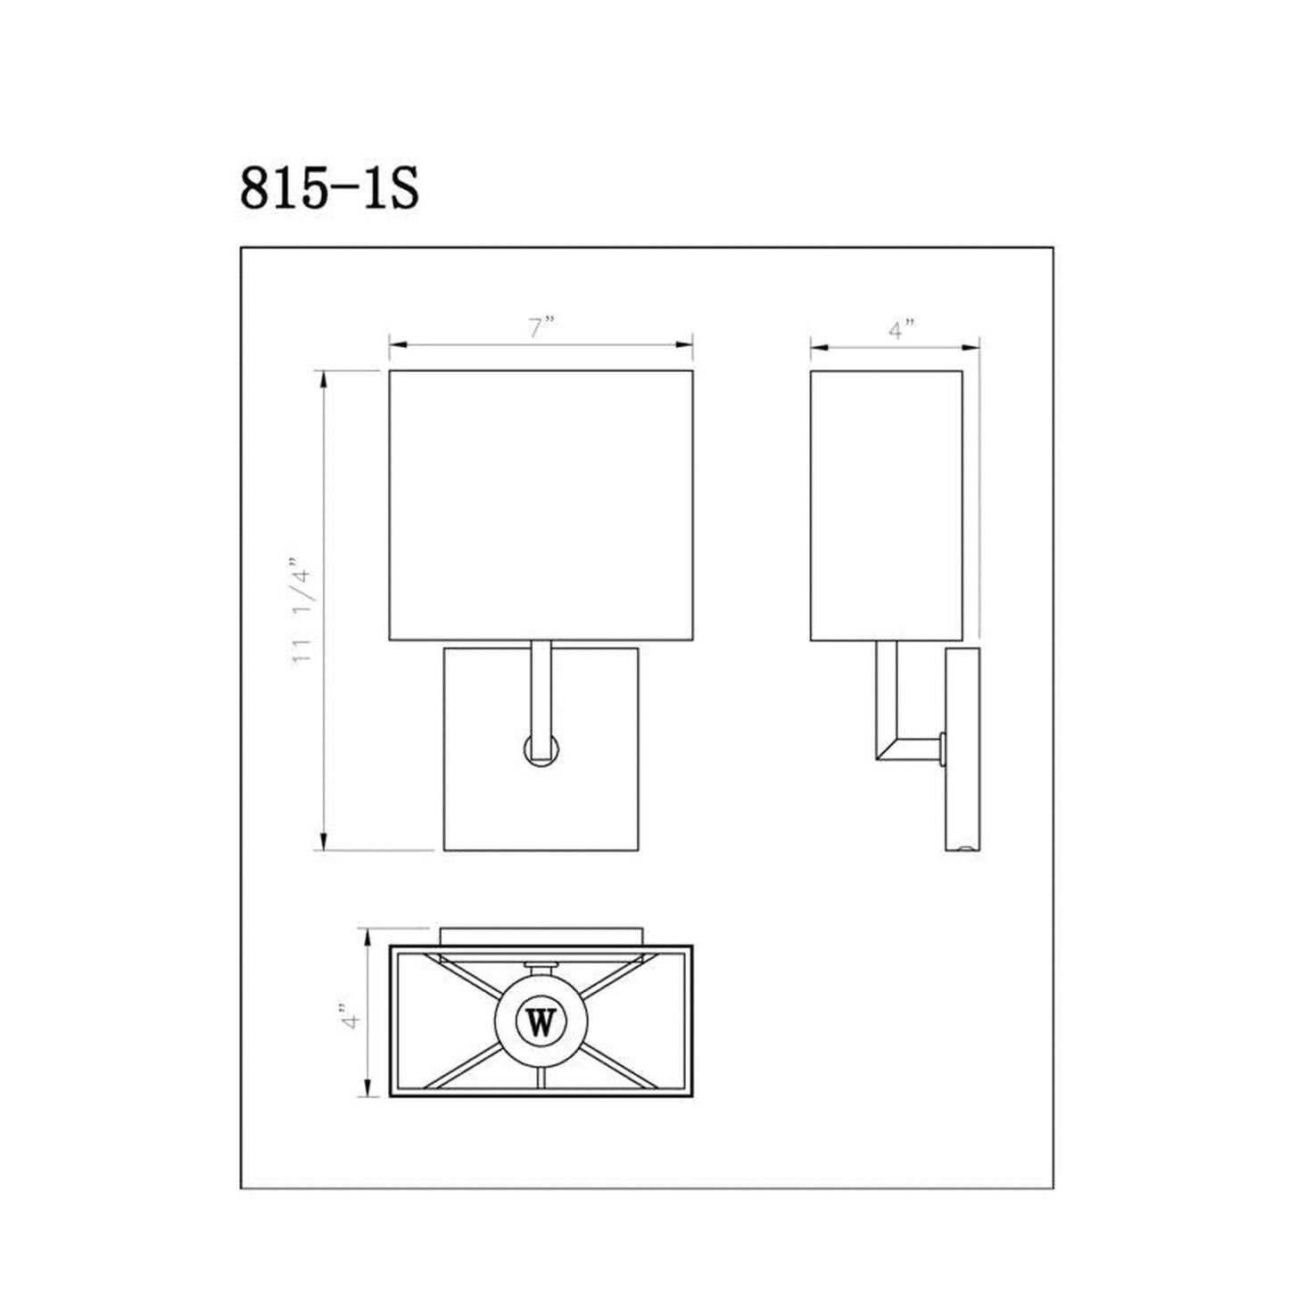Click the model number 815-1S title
click(328, 189)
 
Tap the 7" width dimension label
click(541, 327)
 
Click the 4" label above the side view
click(902, 329)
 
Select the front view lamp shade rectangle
click(541, 504)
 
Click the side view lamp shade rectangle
click(886, 504)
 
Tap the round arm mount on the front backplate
click(541, 749)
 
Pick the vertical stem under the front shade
click(541, 687)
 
